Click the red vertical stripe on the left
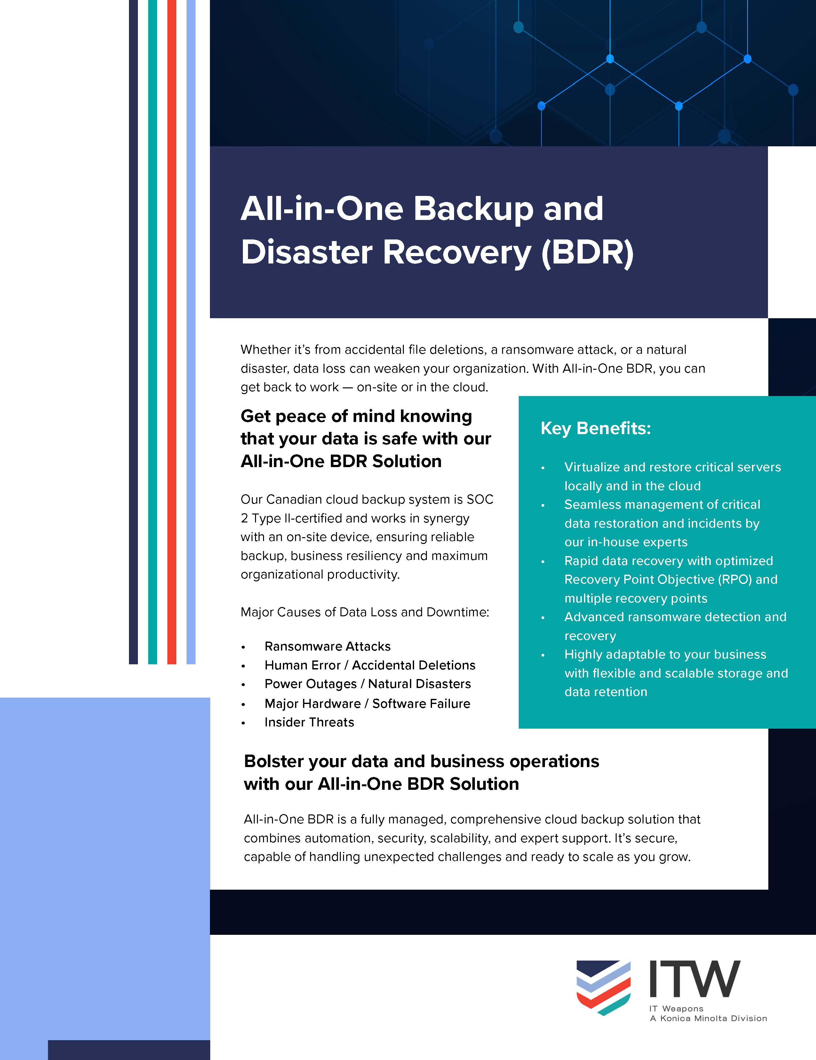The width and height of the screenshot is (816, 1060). (171, 330)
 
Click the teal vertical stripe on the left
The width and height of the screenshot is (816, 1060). (152, 330)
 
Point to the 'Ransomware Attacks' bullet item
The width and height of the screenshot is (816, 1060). (327, 646)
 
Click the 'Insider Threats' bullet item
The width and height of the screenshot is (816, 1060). (309, 722)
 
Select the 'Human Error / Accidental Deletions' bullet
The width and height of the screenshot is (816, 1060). (370, 665)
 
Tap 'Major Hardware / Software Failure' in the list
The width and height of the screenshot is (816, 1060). (367, 704)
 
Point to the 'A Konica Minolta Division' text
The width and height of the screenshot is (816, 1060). (708, 1018)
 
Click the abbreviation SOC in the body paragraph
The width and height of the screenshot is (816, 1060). (480, 499)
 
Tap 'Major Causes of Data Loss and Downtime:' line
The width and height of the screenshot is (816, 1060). (365, 612)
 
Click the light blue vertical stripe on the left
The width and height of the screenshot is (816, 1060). (191, 330)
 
